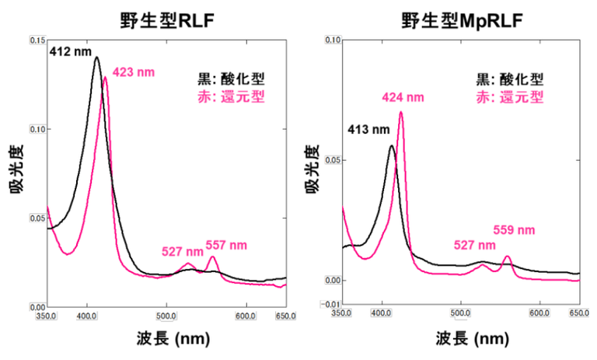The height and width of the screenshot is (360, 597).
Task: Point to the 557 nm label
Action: [x=226, y=245]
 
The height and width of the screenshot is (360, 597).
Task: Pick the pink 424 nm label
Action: [x=403, y=97]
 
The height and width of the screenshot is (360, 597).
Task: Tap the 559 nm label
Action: [x=515, y=230]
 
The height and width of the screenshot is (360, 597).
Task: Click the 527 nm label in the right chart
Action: [x=475, y=245]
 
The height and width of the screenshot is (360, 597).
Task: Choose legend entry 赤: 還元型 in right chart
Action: [x=509, y=97]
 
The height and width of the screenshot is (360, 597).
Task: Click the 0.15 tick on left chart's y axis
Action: [x=37, y=39]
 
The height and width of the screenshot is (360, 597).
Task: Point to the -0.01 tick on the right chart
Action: [x=332, y=304]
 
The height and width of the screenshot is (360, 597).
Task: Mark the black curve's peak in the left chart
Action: [x=96, y=57]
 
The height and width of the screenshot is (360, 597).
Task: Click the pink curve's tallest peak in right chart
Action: [x=401, y=112]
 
